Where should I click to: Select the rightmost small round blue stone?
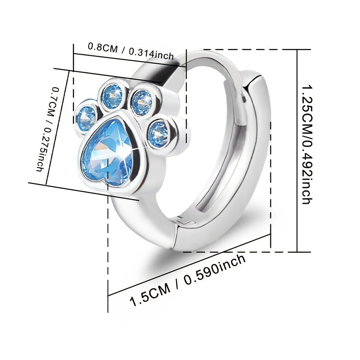(x=158, y=133)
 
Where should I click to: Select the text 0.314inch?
(x=151, y=54)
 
